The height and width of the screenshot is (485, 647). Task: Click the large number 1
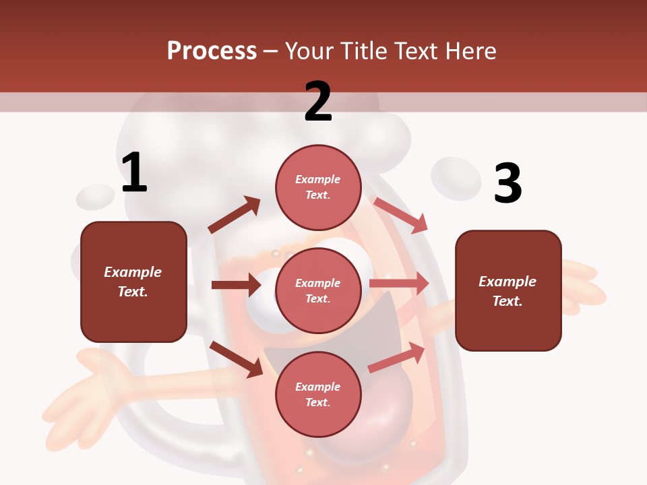pyautogui.click(x=134, y=172)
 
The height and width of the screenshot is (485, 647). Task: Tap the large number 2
pyautogui.click(x=318, y=101)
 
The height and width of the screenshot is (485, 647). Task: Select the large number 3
pyautogui.click(x=507, y=183)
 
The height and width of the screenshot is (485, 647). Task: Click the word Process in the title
pyautogui.click(x=212, y=51)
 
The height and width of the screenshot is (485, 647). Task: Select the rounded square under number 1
pyautogui.click(x=133, y=282)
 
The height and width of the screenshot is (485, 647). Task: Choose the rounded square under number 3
pyautogui.click(x=508, y=291)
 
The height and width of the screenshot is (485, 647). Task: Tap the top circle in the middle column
pyautogui.click(x=318, y=187)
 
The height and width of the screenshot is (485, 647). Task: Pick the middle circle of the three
pyautogui.click(x=318, y=290)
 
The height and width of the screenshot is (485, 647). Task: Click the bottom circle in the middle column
pyautogui.click(x=318, y=394)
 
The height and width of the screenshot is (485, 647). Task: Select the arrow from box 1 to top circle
pyautogui.click(x=235, y=215)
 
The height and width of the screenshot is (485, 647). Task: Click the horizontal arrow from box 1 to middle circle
pyautogui.click(x=236, y=285)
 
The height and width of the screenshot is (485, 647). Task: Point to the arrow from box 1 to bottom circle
pyautogui.click(x=237, y=358)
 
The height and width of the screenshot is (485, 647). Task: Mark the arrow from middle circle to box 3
pyautogui.click(x=399, y=284)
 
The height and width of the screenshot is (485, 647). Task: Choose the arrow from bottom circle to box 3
pyautogui.click(x=397, y=357)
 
